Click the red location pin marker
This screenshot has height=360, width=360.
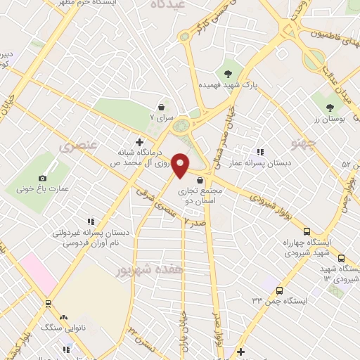click(x=181, y=165)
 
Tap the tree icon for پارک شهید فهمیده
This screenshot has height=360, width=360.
click(x=227, y=72)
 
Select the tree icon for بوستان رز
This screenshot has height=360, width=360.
click(x=330, y=108)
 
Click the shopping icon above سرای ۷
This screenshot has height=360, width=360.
click(x=162, y=108)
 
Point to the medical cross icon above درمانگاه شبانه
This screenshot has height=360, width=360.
click(x=139, y=142)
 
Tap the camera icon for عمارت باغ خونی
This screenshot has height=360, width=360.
click(x=42, y=178)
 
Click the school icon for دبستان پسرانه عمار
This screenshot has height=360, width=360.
click(x=259, y=152)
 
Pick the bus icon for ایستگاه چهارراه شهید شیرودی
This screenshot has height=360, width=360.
click(x=307, y=231)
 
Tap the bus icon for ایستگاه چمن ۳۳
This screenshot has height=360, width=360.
click(x=280, y=290)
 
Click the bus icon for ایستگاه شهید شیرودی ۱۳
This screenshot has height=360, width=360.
click(x=341, y=258)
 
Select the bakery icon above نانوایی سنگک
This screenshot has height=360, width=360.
click(x=64, y=317)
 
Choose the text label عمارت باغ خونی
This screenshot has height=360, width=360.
click(x=41, y=190)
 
